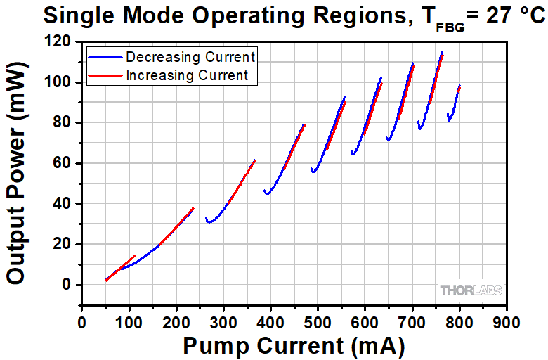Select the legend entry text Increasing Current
pos(188,75)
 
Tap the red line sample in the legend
pos(105,75)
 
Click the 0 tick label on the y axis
pos(68,285)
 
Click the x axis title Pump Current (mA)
pos(294,345)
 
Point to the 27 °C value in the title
pos(508,15)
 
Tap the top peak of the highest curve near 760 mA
pos(442,52)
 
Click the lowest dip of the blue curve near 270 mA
pos(209,223)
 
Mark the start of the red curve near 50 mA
pos(106,280)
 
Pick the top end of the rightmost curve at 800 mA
pos(459,86)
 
